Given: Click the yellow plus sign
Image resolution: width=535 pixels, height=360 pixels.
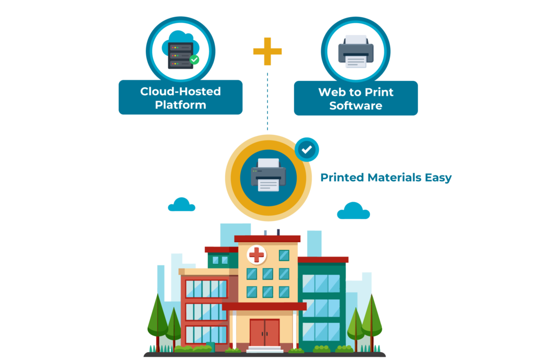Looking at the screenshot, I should [267, 51].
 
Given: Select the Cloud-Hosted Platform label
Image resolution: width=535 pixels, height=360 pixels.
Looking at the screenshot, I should [180, 98].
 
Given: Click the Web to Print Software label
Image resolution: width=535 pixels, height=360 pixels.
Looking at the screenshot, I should [356, 98].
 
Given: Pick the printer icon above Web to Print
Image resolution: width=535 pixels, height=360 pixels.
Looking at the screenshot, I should [356, 52].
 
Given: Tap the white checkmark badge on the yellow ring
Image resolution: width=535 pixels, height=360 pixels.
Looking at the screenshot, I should [307, 149].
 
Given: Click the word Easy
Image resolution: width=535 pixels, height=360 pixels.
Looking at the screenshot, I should [438, 178].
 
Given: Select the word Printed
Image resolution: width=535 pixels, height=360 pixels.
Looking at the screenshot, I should [342, 178].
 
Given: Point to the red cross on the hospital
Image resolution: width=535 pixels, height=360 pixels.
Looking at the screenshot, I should [257, 255].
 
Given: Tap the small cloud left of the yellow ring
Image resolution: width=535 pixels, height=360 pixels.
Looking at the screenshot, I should [182, 205].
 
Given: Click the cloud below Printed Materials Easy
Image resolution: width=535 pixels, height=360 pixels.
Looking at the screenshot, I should [353, 211].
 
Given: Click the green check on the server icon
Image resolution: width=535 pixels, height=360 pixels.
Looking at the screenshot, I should [194, 60].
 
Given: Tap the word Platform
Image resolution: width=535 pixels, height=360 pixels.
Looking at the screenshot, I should [180, 105].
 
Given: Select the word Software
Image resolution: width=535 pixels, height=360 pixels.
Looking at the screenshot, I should [356, 106].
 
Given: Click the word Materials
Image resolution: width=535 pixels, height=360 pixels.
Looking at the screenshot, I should [394, 178].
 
